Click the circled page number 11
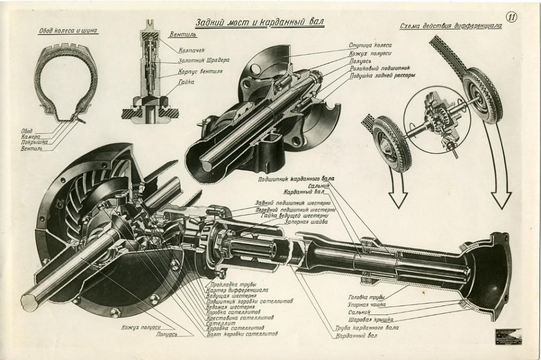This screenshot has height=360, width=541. coord(511,16)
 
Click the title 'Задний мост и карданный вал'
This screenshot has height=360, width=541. coord(259,23)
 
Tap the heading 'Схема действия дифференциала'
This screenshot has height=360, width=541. coord(451,26)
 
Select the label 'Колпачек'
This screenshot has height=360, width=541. coord(192,51)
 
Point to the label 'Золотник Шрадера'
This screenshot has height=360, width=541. coord(203,60)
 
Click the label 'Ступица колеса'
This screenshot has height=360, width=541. coord(370,45)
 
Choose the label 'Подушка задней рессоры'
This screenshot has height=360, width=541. coord(382,76)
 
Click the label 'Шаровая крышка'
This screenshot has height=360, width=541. coord(370,320)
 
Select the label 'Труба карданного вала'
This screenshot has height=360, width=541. coord(367,328)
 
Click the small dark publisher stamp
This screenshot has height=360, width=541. coord(508,337)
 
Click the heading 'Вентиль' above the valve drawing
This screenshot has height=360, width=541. coord(183,35)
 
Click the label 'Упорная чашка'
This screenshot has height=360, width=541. coord(367,304)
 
